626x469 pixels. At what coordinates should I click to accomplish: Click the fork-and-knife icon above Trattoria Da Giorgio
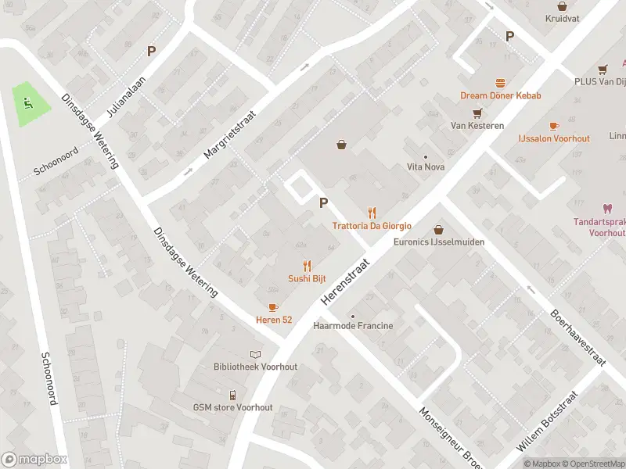(372, 213)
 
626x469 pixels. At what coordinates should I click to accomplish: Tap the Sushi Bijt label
(307, 278)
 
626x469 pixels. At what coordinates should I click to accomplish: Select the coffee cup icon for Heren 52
(273, 307)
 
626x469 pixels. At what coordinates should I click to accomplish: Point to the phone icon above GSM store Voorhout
(232, 395)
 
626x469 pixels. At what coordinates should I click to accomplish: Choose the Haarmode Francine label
(353, 325)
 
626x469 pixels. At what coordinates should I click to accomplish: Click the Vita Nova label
(425, 166)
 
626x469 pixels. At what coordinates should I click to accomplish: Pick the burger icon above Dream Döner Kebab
(500, 83)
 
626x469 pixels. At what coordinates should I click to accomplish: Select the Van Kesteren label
(477, 125)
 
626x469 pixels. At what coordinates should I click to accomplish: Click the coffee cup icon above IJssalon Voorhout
(554, 126)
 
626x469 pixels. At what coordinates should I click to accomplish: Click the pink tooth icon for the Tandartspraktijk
(606, 209)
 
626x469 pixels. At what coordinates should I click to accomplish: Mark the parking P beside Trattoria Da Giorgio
(323, 202)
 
